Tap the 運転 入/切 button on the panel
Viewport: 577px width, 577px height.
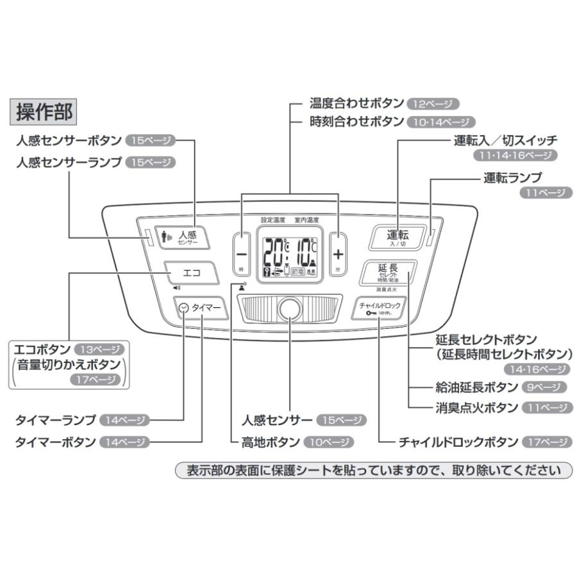click(397, 237)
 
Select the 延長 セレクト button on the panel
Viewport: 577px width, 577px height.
click(388, 272)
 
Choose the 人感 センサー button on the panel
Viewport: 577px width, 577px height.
click(181, 237)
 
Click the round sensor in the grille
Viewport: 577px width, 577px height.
click(290, 308)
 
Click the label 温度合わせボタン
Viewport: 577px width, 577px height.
click(356, 103)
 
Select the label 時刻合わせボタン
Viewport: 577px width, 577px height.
click(356, 121)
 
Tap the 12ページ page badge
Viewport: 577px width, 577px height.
click(433, 104)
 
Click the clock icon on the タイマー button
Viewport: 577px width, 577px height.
click(185, 308)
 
